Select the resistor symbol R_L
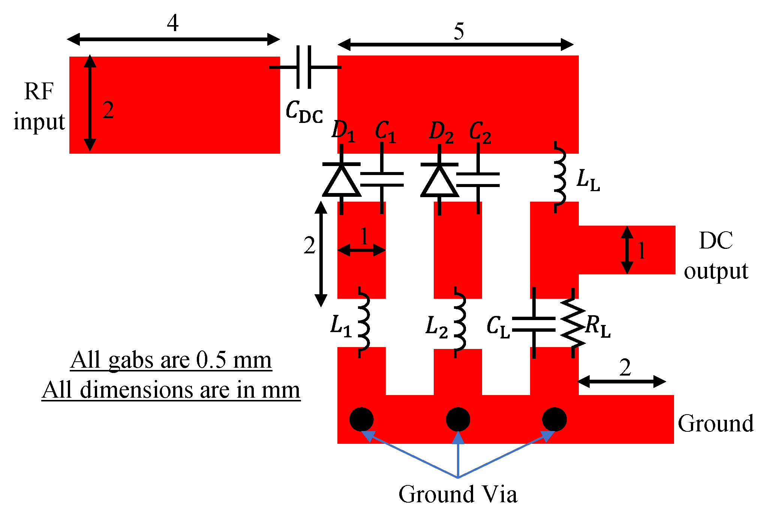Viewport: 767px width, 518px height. (573, 323)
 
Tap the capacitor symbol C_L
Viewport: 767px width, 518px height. (534, 324)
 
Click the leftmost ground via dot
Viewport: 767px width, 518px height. (361, 419)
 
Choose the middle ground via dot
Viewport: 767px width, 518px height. (458, 419)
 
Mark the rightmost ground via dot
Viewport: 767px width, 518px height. (554, 419)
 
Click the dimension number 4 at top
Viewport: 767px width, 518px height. (173, 23)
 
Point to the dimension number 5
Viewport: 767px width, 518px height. (459, 31)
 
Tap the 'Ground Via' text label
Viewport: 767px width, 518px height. (458, 494)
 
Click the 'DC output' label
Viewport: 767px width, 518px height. (716, 256)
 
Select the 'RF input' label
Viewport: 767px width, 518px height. (39, 106)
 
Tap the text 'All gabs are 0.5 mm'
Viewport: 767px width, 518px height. (171, 361)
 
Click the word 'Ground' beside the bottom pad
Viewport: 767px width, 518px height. (716, 424)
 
